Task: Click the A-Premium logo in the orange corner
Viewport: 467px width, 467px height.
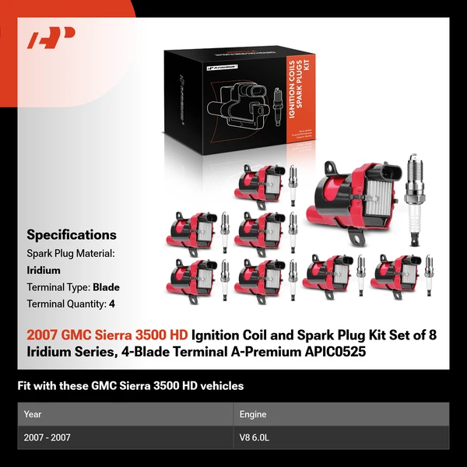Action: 51,38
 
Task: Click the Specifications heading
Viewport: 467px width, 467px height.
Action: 72,234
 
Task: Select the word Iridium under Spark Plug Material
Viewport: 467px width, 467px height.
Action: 44,270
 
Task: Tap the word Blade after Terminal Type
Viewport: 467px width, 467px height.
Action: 106,287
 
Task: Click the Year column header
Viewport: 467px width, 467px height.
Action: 33,414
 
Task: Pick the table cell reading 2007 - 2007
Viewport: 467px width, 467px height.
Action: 47,437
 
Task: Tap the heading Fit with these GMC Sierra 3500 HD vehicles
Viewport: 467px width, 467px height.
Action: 131,385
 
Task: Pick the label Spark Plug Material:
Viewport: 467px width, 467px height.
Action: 71,254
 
